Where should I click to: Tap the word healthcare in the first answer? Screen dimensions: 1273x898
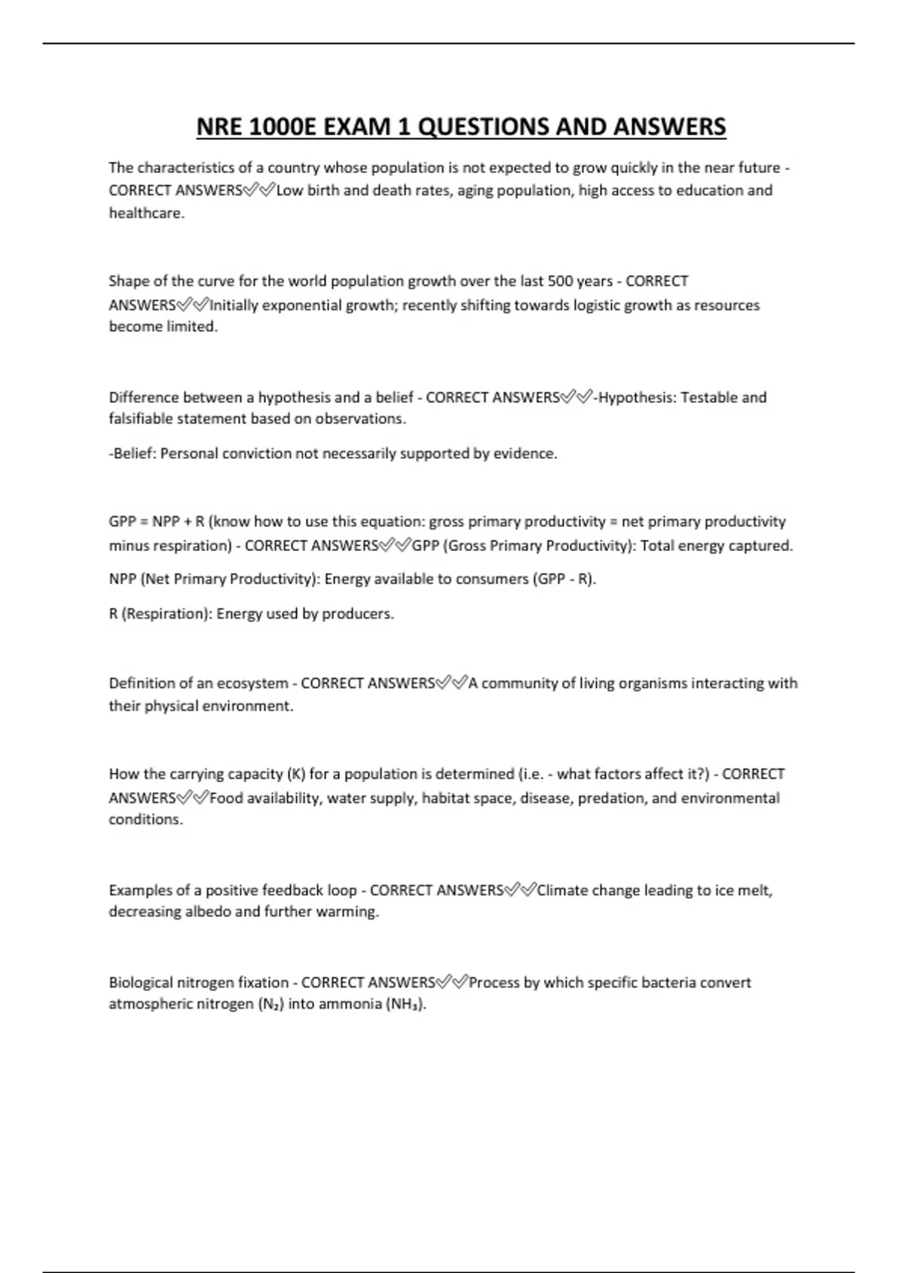click(146, 213)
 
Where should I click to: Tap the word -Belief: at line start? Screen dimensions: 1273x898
click(132, 453)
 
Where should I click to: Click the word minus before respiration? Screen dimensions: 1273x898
click(129, 545)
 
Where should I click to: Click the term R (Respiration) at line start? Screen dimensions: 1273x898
click(160, 613)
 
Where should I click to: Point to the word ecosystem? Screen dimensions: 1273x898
click(252, 683)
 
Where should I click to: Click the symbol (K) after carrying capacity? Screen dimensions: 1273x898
click(296, 774)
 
